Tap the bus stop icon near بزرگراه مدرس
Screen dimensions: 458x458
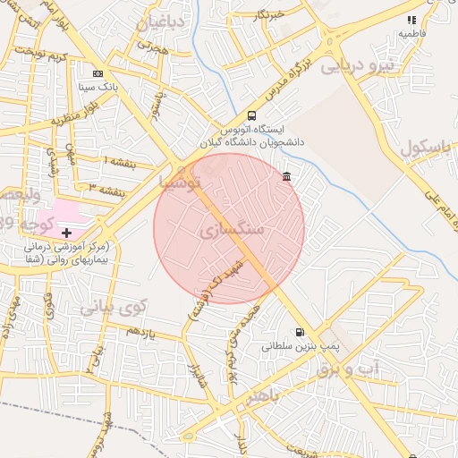(x=251, y=115)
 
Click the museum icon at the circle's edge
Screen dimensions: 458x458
(x=285, y=176)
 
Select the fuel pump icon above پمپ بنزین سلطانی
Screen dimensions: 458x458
(x=299, y=332)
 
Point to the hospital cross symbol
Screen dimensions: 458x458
(x=66, y=233)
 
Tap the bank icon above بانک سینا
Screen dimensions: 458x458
(x=98, y=74)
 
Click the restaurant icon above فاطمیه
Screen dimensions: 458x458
(x=411, y=20)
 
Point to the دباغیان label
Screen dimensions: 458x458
(x=162, y=21)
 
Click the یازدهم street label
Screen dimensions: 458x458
(x=140, y=332)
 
